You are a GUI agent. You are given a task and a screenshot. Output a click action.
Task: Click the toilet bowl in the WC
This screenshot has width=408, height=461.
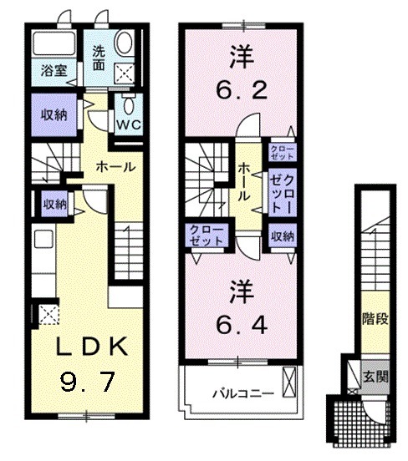tap(129, 105)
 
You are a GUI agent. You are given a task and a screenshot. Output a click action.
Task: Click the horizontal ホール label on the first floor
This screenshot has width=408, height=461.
tap(115, 167)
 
